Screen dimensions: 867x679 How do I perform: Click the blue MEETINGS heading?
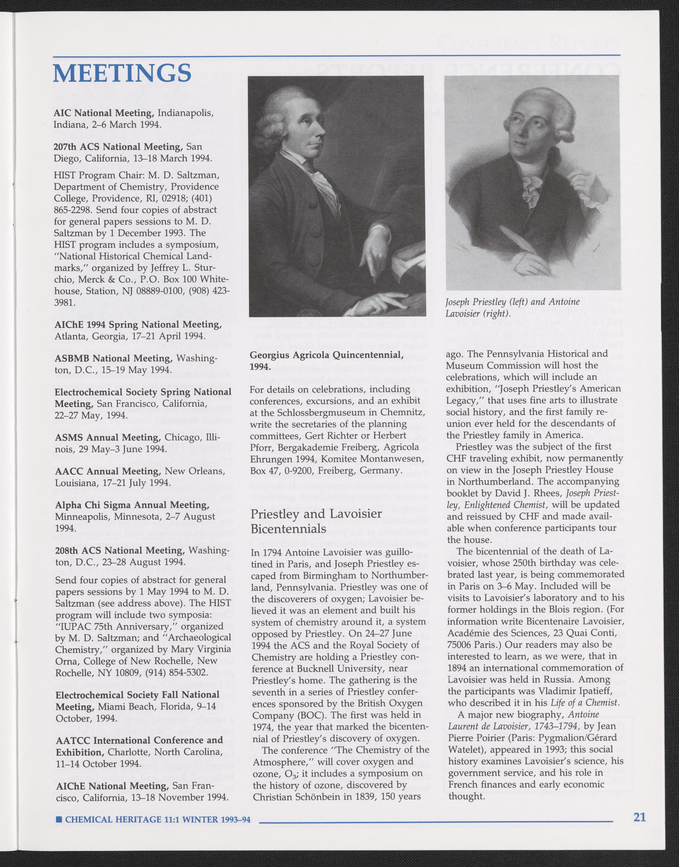click(x=122, y=72)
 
